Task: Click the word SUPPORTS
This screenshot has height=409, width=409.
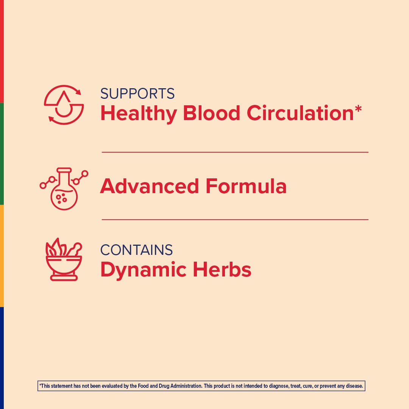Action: (x=137, y=94)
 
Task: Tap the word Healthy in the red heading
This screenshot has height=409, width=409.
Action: (x=139, y=113)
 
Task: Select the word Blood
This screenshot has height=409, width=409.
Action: (x=211, y=113)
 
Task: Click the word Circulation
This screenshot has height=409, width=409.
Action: (x=300, y=113)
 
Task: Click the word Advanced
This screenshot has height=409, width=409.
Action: (x=150, y=186)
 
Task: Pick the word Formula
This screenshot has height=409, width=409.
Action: (x=246, y=186)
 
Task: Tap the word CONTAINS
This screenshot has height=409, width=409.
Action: (x=136, y=250)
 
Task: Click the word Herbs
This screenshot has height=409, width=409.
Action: (x=222, y=270)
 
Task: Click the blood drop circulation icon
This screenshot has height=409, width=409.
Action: (x=64, y=105)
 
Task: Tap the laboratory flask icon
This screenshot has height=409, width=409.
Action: (x=64, y=189)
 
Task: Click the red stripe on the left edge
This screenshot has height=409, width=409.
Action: (x=2, y=51)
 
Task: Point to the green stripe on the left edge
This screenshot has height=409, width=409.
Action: (x=2, y=153)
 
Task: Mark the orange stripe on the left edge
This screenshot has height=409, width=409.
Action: (x=2, y=256)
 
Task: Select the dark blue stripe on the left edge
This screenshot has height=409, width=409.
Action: (x=2, y=358)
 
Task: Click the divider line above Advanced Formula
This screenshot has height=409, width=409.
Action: (x=235, y=152)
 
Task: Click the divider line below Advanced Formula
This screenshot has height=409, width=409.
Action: (x=235, y=220)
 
